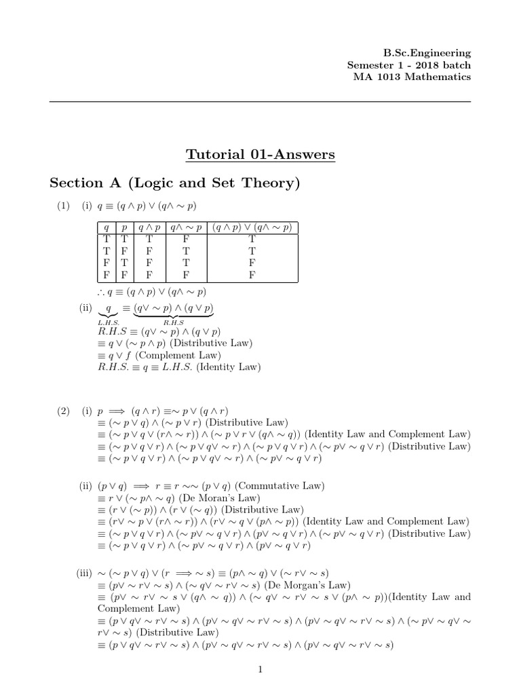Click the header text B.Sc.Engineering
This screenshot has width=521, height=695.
pos(427,53)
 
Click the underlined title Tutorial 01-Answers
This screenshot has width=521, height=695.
pos(260,155)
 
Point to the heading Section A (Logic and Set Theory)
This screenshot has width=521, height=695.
pos(175,183)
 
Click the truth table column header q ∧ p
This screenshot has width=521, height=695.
pos(149,227)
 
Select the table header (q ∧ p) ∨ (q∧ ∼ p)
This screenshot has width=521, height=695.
pos(252,227)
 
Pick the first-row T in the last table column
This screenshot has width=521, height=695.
pos(252,239)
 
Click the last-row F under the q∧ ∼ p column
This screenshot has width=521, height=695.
pos(186,276)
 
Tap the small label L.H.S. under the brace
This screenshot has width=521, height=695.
pos(109,322)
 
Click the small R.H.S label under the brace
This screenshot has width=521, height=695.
pos(174,322)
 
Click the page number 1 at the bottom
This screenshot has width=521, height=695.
pos(260,670)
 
